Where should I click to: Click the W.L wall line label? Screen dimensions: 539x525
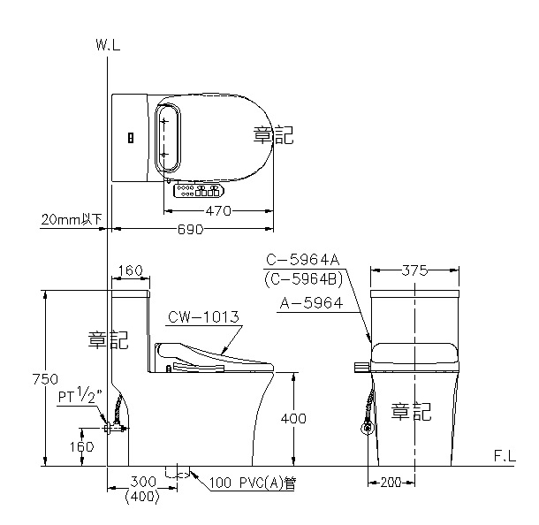(109, 45)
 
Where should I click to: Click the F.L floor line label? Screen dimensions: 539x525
(505, 456)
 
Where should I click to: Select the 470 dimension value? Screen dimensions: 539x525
(218, 210)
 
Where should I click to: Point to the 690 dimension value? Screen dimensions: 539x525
(190, 229)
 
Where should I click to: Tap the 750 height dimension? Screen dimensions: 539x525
(45, 379)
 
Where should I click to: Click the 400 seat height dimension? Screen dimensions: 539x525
(293, 418)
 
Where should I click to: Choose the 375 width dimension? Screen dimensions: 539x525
(414, 271)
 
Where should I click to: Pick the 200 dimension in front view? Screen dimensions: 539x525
(391, 483)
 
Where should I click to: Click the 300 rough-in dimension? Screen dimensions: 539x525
(143, 482)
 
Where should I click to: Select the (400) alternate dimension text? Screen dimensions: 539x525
(142, 497)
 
